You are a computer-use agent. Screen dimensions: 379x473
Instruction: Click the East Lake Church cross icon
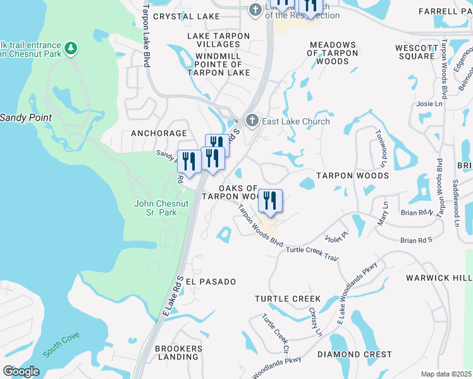pyautogui.click(x=252, y=121)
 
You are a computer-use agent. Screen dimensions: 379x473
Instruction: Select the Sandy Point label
pyautogui.click(x=25, y=117)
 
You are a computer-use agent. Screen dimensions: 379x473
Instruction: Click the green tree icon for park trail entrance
pyautogui.click(x=71, y=47)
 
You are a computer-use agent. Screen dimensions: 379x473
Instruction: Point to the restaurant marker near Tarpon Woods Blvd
pyautogui.click(x=270, y=202)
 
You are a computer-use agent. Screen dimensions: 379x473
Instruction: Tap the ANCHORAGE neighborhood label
pyautogui.click(x=159, y=133)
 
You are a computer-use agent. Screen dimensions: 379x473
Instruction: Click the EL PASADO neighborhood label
pyautogui.click(x=211, y=281)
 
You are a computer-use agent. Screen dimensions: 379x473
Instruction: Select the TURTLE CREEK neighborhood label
pyautogui.click(x=288, y=298)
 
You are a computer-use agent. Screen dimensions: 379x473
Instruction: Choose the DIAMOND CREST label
pyautogui.click(x=355, y=354)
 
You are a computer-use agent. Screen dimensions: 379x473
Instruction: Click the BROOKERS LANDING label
pyautogui.click(x=179, y=352)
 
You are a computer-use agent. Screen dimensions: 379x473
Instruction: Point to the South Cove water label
pyautogui.click(x=61, y=346)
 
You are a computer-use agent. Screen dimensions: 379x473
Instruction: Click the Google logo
pyautogui.click(x=21, y=371)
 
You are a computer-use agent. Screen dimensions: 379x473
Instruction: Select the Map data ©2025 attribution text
pyautogui.click(x=446, y=374)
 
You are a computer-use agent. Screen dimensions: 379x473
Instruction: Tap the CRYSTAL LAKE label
pyautogui.click(x=187, y=16)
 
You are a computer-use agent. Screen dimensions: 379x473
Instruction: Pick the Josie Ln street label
pyautogui.click(x=429, y=104)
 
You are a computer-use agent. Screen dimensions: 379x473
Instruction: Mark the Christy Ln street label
pyautogui.click(x=316, y=323)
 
